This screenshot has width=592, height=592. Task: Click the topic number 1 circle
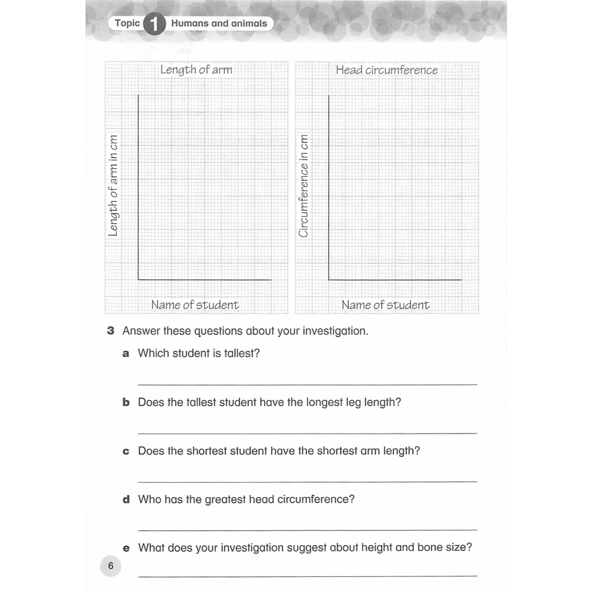click(154, 24)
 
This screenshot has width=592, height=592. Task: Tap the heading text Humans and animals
click(219, 24)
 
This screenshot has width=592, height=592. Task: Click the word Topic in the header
click(127, 23)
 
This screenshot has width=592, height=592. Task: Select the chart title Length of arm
click(196, 70)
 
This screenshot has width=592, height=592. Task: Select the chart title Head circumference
click(387, 70)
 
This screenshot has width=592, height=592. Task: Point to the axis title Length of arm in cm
click(113, 186)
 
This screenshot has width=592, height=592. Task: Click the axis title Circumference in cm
click(304, 186)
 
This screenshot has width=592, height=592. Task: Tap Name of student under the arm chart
click(195, 305)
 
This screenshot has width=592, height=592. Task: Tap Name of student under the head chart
click(385, 305)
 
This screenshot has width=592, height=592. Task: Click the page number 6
click(110, 566)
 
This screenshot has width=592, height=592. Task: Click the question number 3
click(110, 332)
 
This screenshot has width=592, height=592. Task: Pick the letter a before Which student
click(126, 354)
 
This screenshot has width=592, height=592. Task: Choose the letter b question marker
click(126, 402)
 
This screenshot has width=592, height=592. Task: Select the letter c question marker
click(126, 451)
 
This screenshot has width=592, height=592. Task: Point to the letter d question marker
click(126, 499)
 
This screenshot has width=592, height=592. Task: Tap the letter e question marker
click(126, 547)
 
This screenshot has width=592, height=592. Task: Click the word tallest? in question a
click(241, 353)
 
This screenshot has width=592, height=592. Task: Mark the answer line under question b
click(308, 433)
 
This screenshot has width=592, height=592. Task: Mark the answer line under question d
click(308, 530)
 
